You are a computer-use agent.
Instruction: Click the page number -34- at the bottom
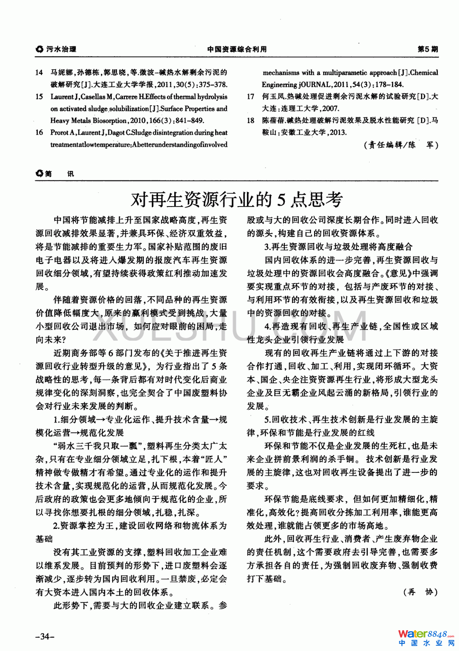pyautogui.click(x=45, y=636)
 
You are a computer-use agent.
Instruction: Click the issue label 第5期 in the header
pyautogui.click(x=428, y=49)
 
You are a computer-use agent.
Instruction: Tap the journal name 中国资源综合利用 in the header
pyautogui.click(x=237, y=49)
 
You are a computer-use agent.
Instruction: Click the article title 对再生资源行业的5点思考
pyautogui.click(x=236, y=199)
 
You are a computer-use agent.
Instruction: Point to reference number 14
pyautogui.click(x=39, y=72)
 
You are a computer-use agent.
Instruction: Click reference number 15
pyautogui.click(x=39, y=97)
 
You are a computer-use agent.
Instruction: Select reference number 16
pyautogui.click(x=39, y=133)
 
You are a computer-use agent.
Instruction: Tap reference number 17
pyautogui.click(x=250, y=97)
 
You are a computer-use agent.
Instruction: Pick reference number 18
pyautogui.click(x=250, y=121)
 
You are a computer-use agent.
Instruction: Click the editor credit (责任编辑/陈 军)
pyautogui.click(x=401, y=145)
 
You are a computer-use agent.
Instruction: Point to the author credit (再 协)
pyautogui.click(x=420, y=592)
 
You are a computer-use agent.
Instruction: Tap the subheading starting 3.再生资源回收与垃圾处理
pyautogui.click(x=338, y=246)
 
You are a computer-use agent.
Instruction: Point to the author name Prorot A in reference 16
pyautogui.click(x=62, y=133)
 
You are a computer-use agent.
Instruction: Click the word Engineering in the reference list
pyautogui.click(x=279, y=85)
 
